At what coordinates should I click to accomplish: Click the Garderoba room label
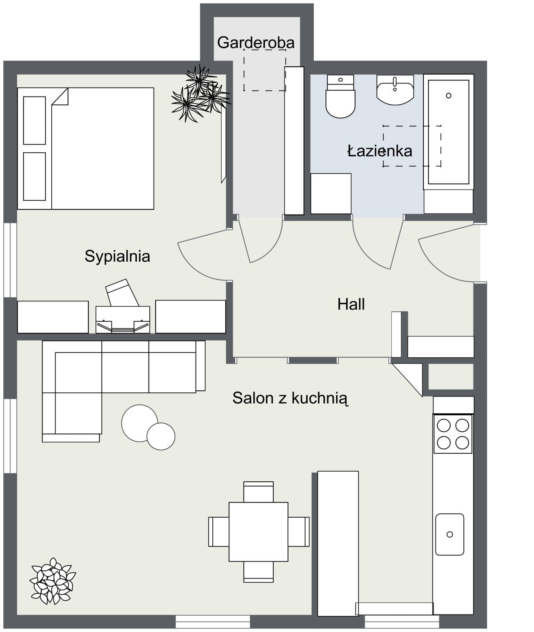(x=256, y=43)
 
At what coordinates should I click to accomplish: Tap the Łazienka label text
(x=380, y=151)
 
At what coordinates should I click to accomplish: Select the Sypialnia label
(x=117, y=257)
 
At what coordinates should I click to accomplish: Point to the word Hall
(x=351, y=304)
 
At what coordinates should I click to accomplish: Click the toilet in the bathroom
(x=340, y=96)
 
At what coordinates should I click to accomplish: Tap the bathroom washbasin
(x=395, y=90)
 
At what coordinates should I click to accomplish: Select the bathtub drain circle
(x=449, y=96)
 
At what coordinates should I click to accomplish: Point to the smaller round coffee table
(x=161, y=436)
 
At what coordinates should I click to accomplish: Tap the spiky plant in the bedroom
(x=200, y=94)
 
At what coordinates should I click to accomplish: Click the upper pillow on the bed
(x=35, y=121)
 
